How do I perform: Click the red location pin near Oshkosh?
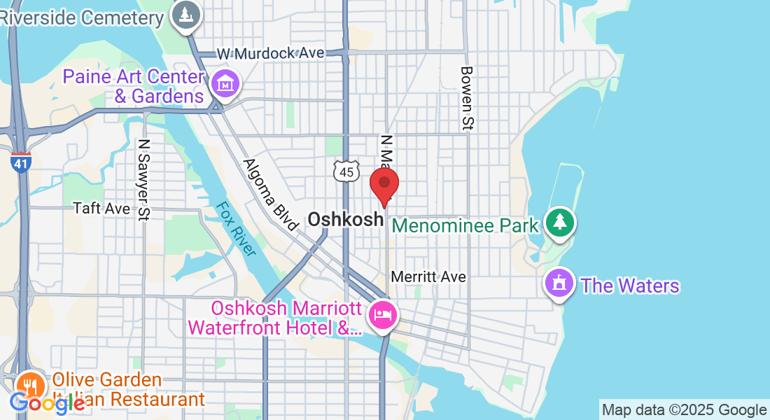[x=384, y=184]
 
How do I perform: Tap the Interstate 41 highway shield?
[x=21, y=162]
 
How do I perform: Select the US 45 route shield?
[x=346, y=171]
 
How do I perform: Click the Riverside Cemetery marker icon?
[x=185, y=15]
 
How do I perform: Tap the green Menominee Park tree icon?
[x=559, y=223]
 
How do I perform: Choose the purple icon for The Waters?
[x=559, y=284]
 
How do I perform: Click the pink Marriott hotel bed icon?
[x=383, y=314]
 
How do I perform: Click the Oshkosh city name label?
[x=346, y=219]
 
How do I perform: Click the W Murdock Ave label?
[x=270, y=53]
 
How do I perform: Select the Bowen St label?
[x=467, y=98]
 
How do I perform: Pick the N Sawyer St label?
[x=145, y=180]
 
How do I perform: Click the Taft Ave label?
[x=101, y=209]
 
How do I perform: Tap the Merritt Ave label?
[x=428, y=277]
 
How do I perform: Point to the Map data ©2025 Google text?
[x=684, y=410]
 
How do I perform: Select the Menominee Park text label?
[x=465, y=225]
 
